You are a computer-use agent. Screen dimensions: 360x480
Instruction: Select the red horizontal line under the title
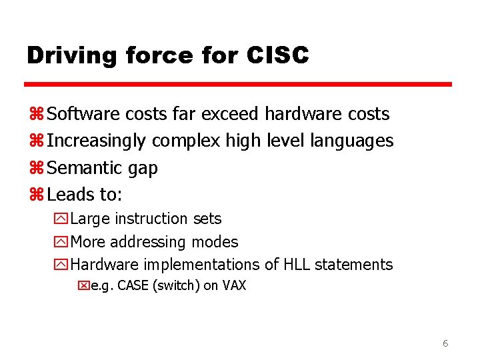click(239, 85)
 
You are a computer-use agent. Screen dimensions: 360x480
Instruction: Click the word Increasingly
click(97, 141)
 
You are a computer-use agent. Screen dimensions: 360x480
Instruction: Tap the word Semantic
click(85, 168)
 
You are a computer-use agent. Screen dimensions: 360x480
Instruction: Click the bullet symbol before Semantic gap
click(36, 168)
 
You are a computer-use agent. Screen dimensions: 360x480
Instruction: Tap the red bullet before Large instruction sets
click(62, 219)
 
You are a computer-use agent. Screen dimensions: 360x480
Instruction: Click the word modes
click(215, 242)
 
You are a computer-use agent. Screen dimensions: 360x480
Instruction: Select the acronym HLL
click(297, 265)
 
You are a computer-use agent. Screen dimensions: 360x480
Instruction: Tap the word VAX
click(234, 286)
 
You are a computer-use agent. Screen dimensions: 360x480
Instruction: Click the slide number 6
click(445, 344)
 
